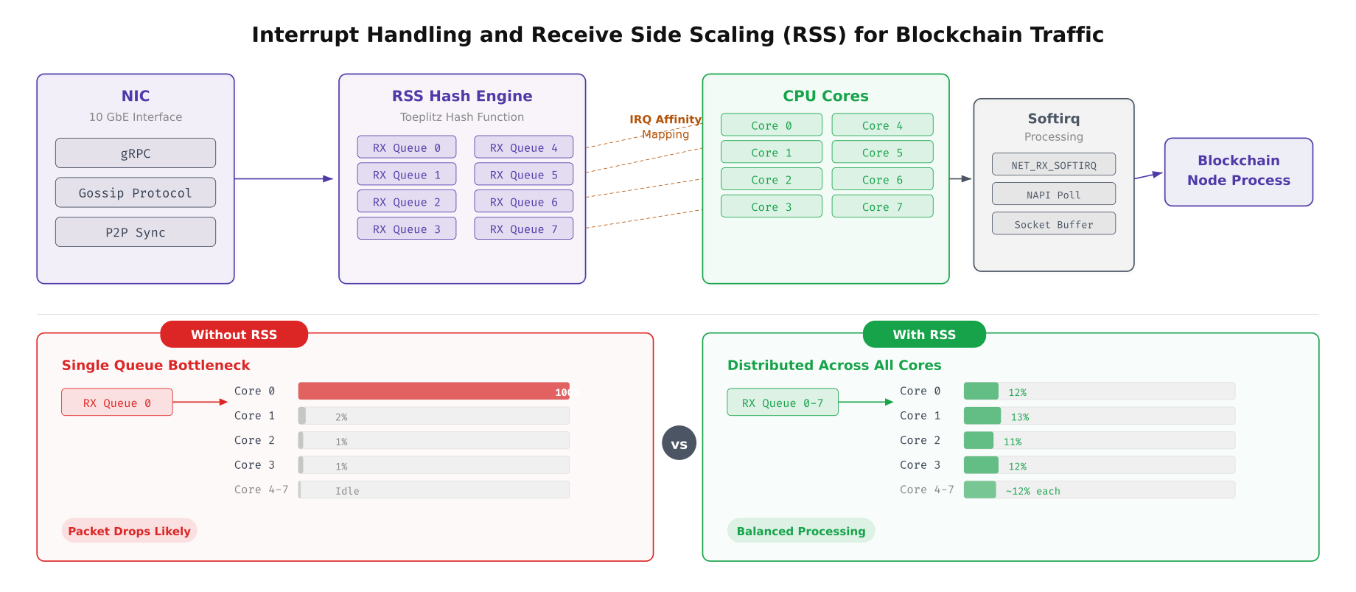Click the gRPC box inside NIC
pyautogui.click(x=135, y=153)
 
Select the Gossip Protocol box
pyautogui.click(x=135, y=192)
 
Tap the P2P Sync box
pyautogui.click(x=135, y=232)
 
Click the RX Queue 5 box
pyautogui.click(x=523, y=175)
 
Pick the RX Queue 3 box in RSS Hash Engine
pyautogui.click(x=406, y=229)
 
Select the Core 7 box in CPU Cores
pyautogui.click(x=882, y=206)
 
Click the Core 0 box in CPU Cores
pyautogui.click(x=771, y=125)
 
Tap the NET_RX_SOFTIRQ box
pyautogui.click(x=1053, y=164)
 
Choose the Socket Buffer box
pyautogui.click(x=1053, y=224)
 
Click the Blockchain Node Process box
pyautogui.click(x=1238, y=171)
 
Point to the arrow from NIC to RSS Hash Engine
pyautogui.click(x=284, y=178)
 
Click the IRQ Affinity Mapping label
pyautogui.click(x=665, y=126)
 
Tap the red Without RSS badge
pyautogui.click(x=234, y=334)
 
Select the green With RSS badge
pyautogui.click(x=923, y=334)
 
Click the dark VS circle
pyautogui.click(x=679, y=443)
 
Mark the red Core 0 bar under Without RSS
pyautogui.click(x=433, y=391)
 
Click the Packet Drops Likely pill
pyautogui.click(x=129, y=531)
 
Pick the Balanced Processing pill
pyautogui.click(x=800, y=531)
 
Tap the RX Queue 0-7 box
pyautogui.click(x=782, y=403)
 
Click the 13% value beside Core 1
pyautogui.click(x=1019, y=417)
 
